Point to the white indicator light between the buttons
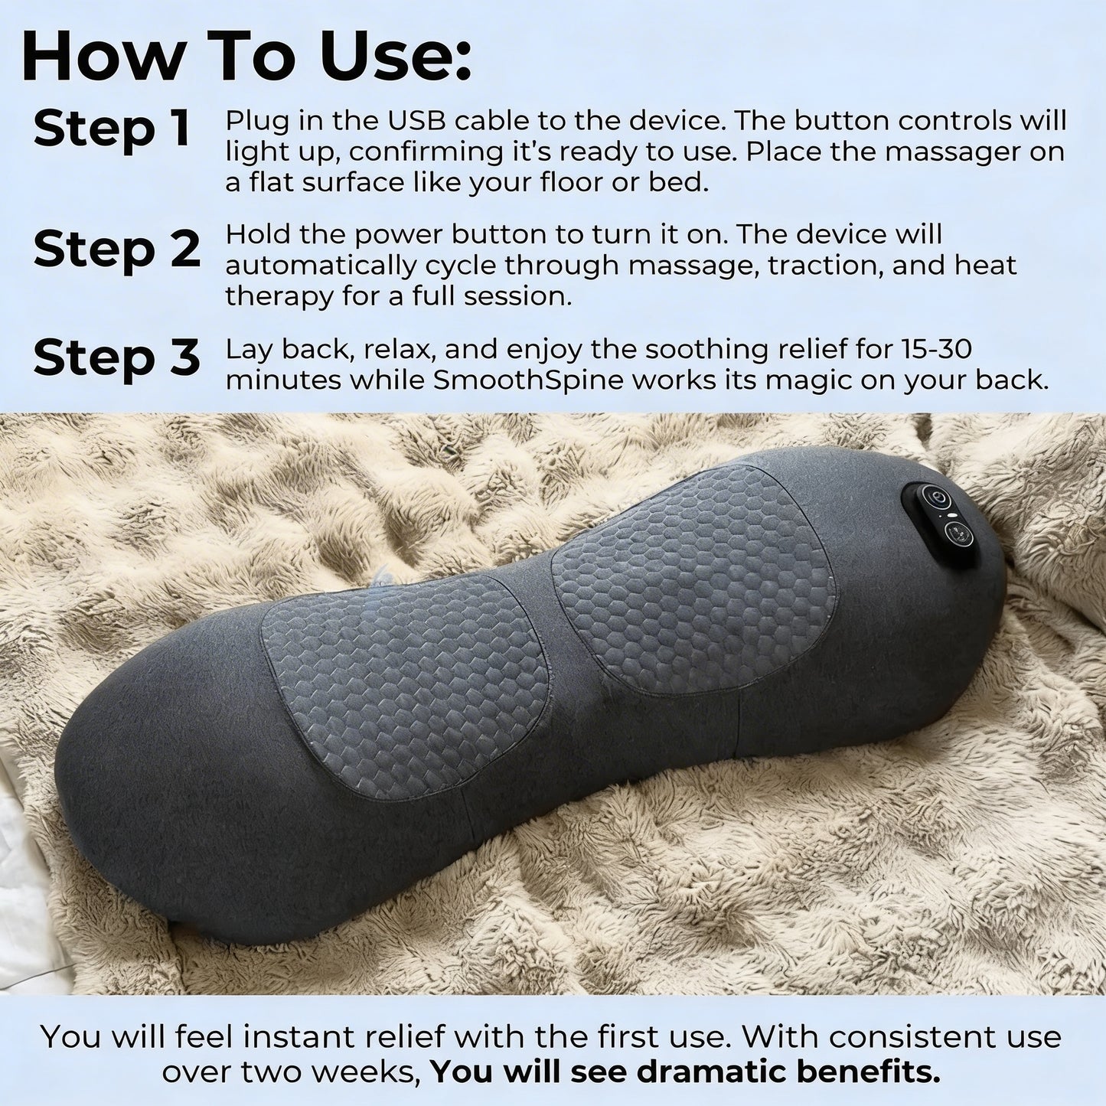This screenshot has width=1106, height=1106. [x=950, y=520]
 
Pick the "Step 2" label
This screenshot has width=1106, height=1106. [x=116, y=249]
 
